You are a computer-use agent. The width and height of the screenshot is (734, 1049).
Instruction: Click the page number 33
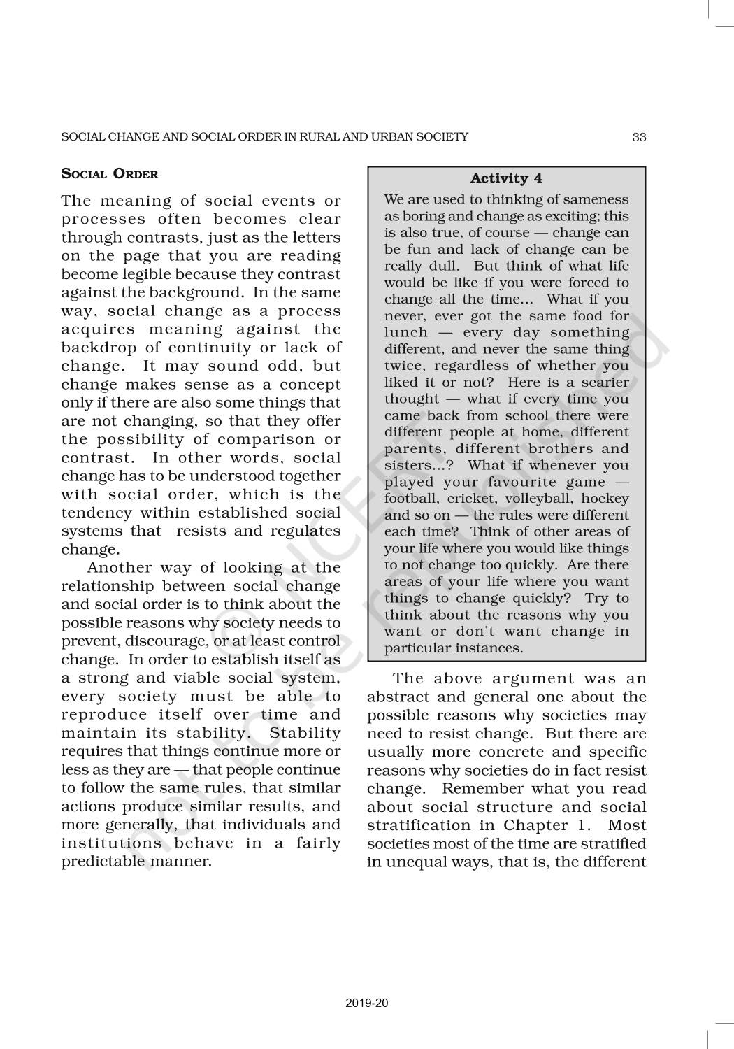(x=639, y=137)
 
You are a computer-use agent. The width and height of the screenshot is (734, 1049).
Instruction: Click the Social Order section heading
(x=110, y=174)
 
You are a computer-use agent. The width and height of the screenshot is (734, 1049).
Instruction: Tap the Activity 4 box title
(x=506, y=179)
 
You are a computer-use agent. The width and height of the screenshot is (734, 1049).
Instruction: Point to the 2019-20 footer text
(x=367, y=1004)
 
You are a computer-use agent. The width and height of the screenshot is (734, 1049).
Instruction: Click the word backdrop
(x=99, y=348)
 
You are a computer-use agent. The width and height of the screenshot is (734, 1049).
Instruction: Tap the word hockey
(x=606, y=499)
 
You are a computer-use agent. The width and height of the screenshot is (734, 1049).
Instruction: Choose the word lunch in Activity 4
(x=406, y=333)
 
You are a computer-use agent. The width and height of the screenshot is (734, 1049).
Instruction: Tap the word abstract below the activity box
(x=396, y=697)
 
